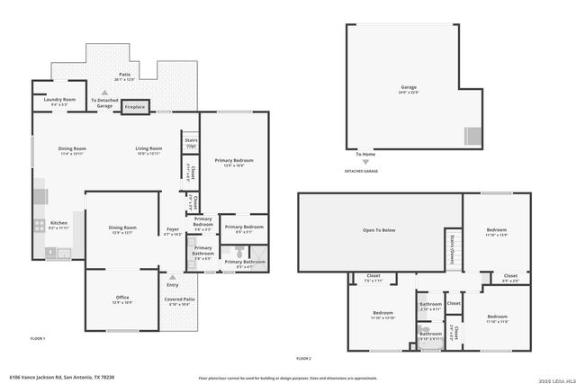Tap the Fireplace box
tap(135, 105)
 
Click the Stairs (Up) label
tap(191, 142)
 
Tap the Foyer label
tap(173, 231)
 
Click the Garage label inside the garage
tap(409, 89)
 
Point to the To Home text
tap(365, 155)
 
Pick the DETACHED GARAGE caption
tap(362, 171)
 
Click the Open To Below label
tap(379, 230)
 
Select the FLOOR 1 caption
tap(38, 338)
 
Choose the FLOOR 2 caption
tap(303, 359)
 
